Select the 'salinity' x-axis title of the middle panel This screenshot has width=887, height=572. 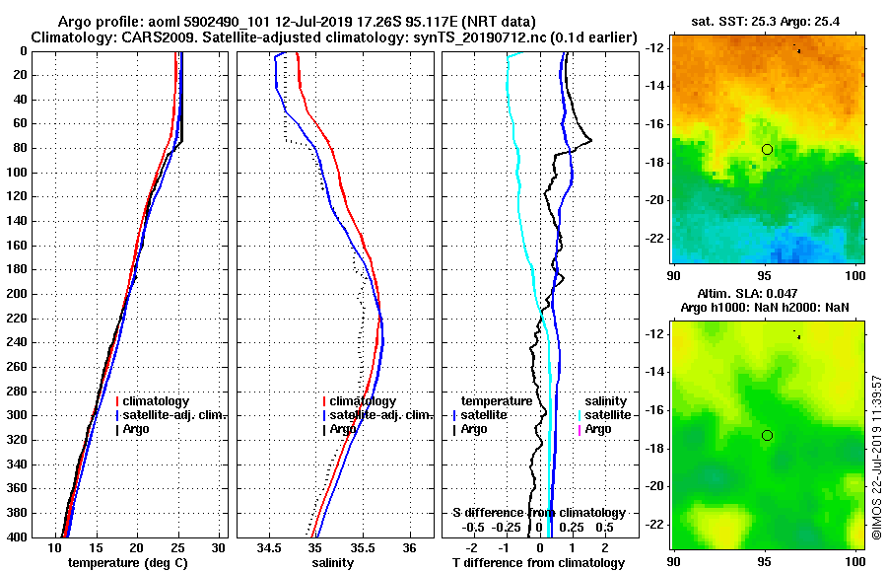tap(333, 563)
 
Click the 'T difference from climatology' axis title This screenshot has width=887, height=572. tap(538, 563)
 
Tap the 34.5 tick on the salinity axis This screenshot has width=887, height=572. tap(270, 547)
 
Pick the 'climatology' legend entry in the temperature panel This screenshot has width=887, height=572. tap(158, 401)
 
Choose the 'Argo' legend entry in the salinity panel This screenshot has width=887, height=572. tap(342, 429)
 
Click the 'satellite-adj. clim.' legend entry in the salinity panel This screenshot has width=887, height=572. tap(379, 415)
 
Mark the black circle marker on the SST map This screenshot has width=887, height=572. tap(767, 149)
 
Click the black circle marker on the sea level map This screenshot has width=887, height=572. tap(767, 435)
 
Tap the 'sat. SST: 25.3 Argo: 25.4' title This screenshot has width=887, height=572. tap(769, 21)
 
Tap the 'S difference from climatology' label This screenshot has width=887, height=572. tap(538, 513)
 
